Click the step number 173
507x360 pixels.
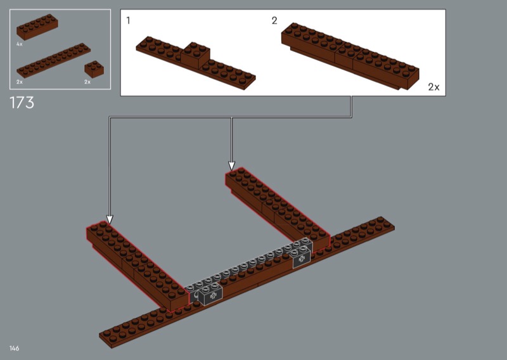tap(22, 103)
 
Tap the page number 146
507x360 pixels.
tap(14, 348)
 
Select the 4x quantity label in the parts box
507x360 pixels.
tap(20, 44)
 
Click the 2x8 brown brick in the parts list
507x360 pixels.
tap(37, 27)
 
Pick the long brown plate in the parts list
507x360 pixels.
tap(53, 60)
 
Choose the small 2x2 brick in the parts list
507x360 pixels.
tap(94, 69)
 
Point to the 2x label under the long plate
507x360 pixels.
tap(20, 82)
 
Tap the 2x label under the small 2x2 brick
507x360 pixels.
tap(87, 82)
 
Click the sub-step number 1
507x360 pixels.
tap(129, 21)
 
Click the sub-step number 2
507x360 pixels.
tap(274, 21)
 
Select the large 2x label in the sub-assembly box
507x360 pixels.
tap(433, 87)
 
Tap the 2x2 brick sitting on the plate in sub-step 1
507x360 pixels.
tap(195, 55)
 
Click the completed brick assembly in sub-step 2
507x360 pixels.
tap(350, 56)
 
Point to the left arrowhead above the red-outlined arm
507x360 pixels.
tap(110, 220)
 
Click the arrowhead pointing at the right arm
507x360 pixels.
tap(231, 166)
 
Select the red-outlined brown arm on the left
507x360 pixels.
tap(138, 266)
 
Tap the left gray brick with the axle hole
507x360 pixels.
tap(210, 295)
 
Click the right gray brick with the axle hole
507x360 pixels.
tap(302, 257)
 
